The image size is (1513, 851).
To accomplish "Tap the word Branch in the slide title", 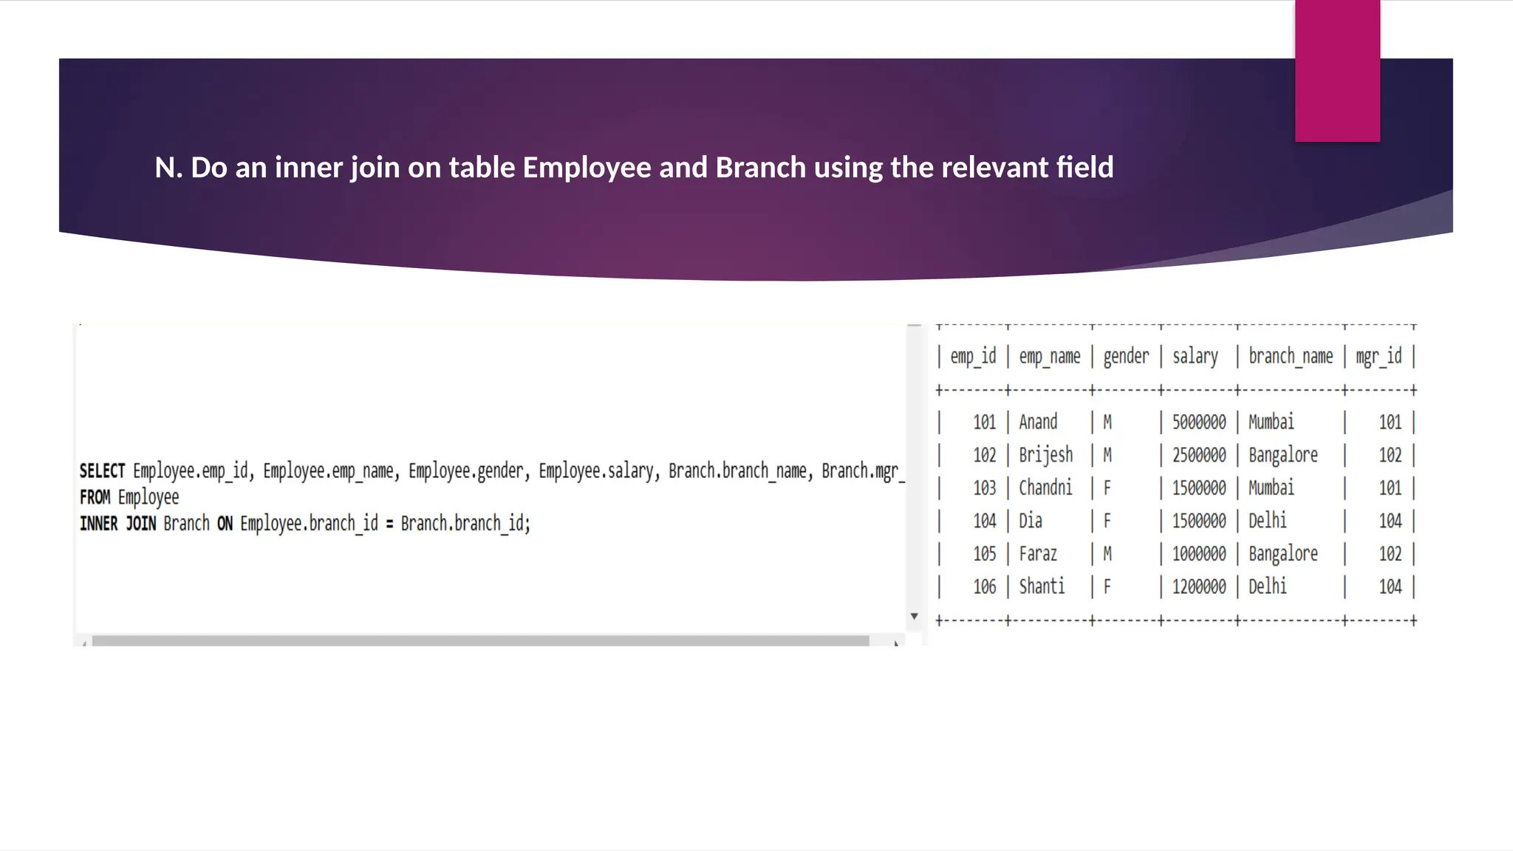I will pyautogui.click(x=760, y=168).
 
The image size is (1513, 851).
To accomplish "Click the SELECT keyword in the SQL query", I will pyautogui.click(x=102, y=471).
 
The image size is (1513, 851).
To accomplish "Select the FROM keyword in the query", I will pyautogui.click(x=95, y=497).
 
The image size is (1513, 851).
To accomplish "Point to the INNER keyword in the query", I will pyautogui.click(x=98, y=524).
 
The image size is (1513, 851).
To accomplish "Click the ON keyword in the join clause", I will pyautogui.click(x=225, y=524).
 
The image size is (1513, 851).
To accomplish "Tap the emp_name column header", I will pyautogui.click(x=1049, y=357).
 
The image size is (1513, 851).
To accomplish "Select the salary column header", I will pyautogui.click(x=1195, y=357).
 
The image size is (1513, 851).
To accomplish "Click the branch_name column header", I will pyautogui.click(x=1290, y=357).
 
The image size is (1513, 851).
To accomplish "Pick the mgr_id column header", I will pyautogui.click(x=1378, y=357).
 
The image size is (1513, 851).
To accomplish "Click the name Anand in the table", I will pyautogui.click(x=1038, y=423).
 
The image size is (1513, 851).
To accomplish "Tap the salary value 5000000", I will pyautogui.click(x=1198, y=423).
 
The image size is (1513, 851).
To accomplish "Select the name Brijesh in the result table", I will pyautogui.click(x=1045, y=455).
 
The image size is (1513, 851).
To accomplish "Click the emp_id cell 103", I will pyautogui.click(x=984, y=488).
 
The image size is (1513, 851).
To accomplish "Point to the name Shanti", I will pyautogui.click(x=1042, y=587).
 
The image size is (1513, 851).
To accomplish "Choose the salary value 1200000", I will pyautogui.click(x=1198, y=587).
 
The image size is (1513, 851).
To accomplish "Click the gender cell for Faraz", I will pyautogui.click(x=1107, y=554).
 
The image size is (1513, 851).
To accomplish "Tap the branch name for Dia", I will pyautogui.click(x=1267, y=521).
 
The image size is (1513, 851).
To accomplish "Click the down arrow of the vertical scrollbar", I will pyautogui.click(x=914, y=616).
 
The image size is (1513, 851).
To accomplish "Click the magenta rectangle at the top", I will pyautogui.click(x=1337, y=71).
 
